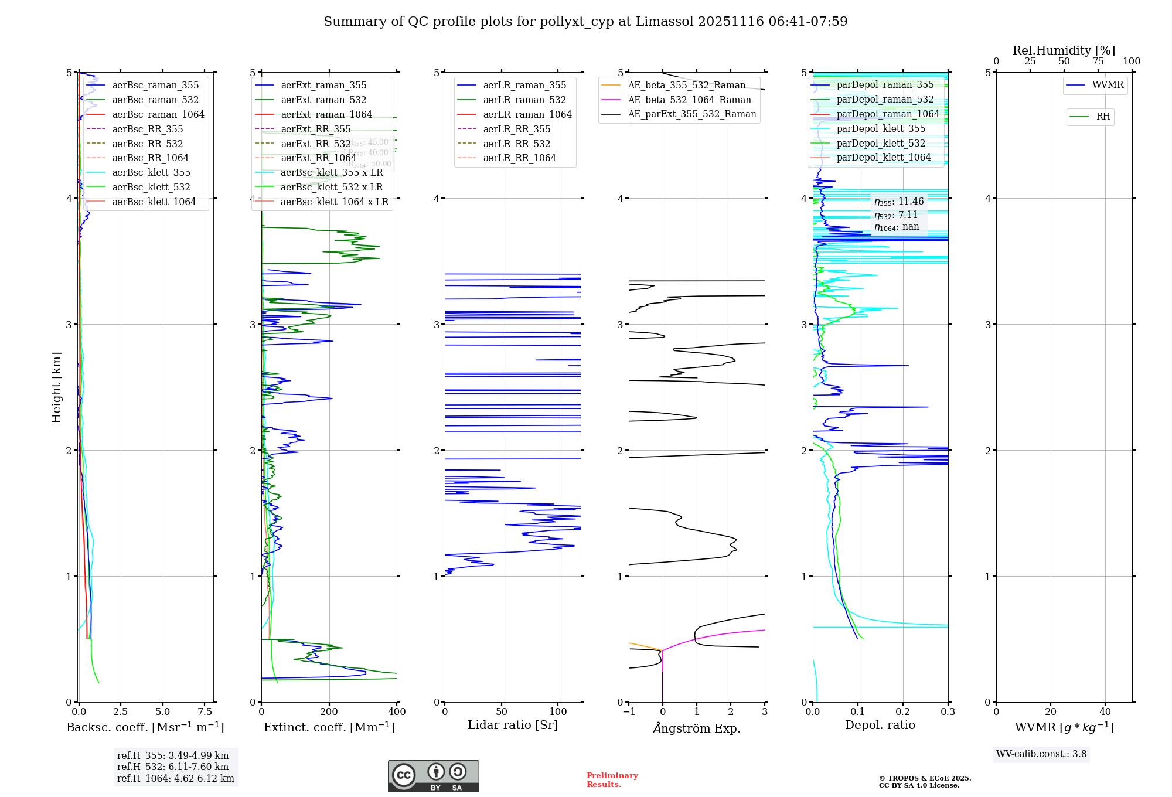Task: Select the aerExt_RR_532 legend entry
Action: point(315,144)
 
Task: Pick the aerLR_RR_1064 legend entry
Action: point(519,158)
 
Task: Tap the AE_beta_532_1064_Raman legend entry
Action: point(689,100)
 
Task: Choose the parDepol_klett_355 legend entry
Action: point(881,128)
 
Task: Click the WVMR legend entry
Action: point(1108,85)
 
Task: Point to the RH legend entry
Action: point(1103,117)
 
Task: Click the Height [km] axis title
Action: point(56,387)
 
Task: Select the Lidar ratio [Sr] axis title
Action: point(513,725)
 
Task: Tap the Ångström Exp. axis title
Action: point(697,728)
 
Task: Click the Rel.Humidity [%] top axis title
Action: point(1064,50)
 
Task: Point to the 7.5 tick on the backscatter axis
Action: point(205,712)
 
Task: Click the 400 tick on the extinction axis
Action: point(397,712)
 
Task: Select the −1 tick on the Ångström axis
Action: point(628,712)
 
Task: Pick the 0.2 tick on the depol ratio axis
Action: point(903,712)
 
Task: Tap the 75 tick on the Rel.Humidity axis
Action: point(1098,62)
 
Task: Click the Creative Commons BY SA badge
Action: point(433,776)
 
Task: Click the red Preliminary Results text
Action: point(612,780)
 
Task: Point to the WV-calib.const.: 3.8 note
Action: point(1041,754)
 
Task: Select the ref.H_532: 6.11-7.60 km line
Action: point(173,767)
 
